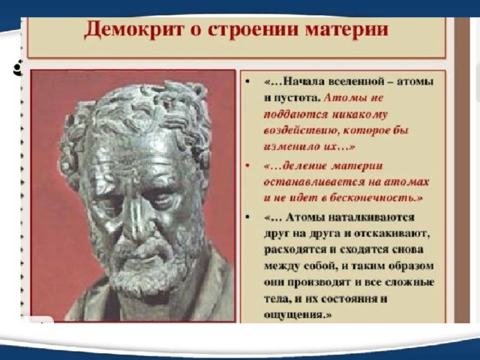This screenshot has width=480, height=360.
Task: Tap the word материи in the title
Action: tap(346, 30)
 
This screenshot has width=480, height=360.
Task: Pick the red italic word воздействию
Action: tap(301, 131)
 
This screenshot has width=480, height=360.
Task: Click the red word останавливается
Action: tap(313, 182)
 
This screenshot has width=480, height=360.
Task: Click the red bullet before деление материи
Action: tap(247, 166)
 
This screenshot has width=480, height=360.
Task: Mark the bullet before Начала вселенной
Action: tap(247, 82)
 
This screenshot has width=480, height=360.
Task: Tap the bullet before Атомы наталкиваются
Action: tap(247, 217)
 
